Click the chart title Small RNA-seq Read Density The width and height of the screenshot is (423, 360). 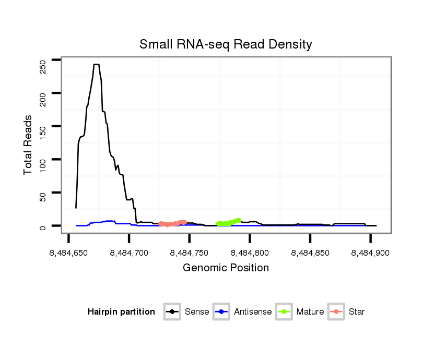coord(226,44)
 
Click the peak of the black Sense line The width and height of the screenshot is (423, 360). coord(96,65)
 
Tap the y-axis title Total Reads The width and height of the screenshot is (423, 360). coord(29,145)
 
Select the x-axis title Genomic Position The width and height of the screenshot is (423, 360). coord(226,268)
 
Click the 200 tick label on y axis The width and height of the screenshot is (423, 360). coord(43,98)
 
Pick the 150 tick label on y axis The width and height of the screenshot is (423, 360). coord(43,130)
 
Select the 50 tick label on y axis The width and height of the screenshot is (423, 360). coord(43,196)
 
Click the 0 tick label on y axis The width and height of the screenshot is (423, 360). coord(43,227)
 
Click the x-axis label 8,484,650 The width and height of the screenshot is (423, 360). coord(68,253)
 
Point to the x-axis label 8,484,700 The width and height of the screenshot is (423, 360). coord(129,253)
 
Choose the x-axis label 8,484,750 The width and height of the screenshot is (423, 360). coord(189,253)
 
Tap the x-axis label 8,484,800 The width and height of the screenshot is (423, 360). coord(250,253)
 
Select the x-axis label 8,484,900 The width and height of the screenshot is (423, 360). coord(370,253)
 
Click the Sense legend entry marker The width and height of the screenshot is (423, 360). coord(172,312)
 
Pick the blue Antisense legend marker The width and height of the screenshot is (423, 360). coord(221,312)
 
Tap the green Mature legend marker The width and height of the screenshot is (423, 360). coord(284,312)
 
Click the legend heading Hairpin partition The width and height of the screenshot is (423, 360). coord(121,312)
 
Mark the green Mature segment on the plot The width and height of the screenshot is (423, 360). coord(228,223)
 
